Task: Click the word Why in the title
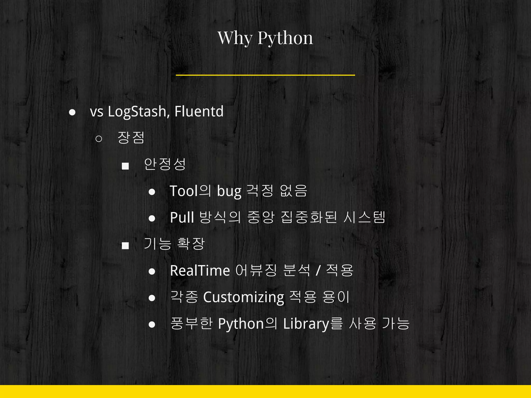tap(235, 38)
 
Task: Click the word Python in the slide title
tap(285, 38)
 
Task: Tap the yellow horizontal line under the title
tap(265, 75)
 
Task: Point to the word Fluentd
tap(199, 111)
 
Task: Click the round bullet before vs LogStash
tap(72, 112)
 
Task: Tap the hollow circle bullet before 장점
tap(99, 139)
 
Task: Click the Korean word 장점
tap(131, 138)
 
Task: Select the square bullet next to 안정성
tap(125, 166)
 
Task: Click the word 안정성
tap(165, 164)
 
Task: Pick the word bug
tap(229, 191)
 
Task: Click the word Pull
tap(182, 217)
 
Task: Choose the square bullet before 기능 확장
tap(125, 245)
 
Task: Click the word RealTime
tap(200, 271)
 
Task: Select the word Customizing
tap(244, 297)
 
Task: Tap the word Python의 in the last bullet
tap(247, 324)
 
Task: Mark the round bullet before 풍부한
tap(152, 325)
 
